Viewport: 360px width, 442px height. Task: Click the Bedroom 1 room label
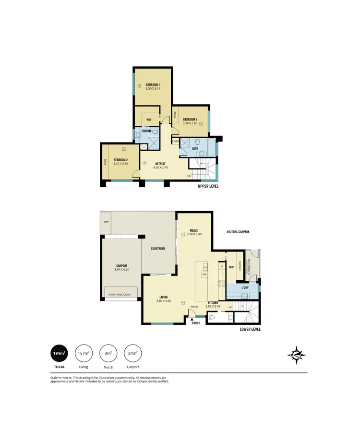click(153, 85)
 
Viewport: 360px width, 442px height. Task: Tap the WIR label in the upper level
click(149, 120)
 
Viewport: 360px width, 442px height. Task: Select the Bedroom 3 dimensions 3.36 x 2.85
click(190, 123)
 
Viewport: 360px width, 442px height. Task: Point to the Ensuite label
click(146, 131)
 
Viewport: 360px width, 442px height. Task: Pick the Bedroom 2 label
click(120, 160)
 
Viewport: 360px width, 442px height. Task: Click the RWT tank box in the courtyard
click(106, 221)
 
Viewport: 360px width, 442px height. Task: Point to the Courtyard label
click(158, 249)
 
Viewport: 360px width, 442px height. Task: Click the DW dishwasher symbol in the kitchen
click(204, 275)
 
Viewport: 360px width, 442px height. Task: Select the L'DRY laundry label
click(244, 287)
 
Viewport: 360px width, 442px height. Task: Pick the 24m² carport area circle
click(133, 355)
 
